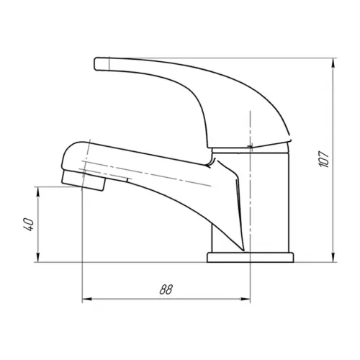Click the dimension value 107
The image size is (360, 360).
[x=324, y=159]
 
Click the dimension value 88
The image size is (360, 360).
[x=166, y=289]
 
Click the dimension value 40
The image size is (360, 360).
[x=29, y=225]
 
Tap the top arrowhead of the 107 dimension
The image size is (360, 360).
[x=333, y=63]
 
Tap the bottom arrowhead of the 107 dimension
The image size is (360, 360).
[x=333, y=257]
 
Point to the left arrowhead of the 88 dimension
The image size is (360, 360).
[x=87, y=299]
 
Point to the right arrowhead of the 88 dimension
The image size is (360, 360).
[x=245, y=299]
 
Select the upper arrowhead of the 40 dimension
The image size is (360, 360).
[x=38, y=192]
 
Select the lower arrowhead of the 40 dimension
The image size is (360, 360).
[x=38, y=257]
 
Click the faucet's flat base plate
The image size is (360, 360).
[x=251, y=257]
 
